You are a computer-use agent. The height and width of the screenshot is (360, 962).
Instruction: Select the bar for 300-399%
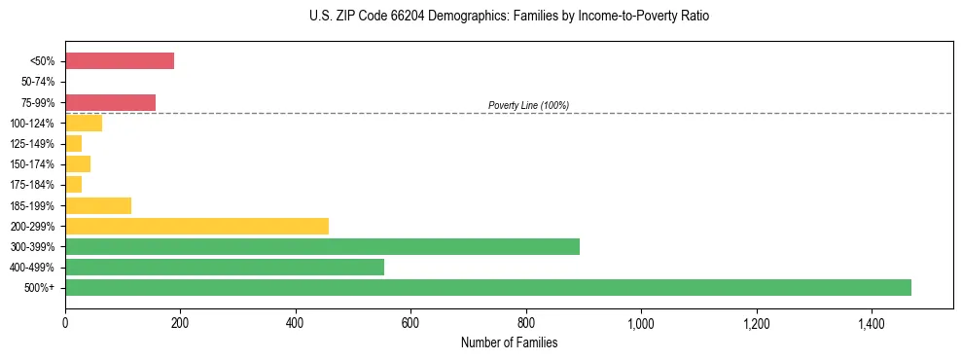point(322,246)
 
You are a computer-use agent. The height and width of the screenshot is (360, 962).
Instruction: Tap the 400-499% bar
point(225,267)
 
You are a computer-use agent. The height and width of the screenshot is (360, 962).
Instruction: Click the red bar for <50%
point(120,61)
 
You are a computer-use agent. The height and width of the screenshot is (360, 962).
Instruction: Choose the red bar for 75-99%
point(110,102)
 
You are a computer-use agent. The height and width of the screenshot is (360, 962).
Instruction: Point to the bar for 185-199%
point(98,205)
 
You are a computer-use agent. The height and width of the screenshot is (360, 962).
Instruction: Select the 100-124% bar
point(84,123)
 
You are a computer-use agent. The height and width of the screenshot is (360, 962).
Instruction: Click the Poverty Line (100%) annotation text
point(528,105)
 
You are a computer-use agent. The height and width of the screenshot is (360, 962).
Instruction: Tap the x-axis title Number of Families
point(510,342)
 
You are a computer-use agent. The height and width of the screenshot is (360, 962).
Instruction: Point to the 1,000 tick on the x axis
point(641,323)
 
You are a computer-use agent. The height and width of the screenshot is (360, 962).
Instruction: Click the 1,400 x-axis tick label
point(871,323)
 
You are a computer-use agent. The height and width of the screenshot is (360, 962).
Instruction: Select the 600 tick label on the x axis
point(410,323)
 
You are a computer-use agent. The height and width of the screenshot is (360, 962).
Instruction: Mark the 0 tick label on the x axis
point(65,323)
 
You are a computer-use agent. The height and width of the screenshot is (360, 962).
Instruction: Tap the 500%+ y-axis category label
point(41,288)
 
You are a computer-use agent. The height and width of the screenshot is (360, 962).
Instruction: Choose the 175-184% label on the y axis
point(33,185)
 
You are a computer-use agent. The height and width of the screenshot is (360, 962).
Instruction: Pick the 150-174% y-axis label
point(33,164)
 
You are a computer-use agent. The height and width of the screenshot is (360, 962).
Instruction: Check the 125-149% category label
point(33,144)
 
